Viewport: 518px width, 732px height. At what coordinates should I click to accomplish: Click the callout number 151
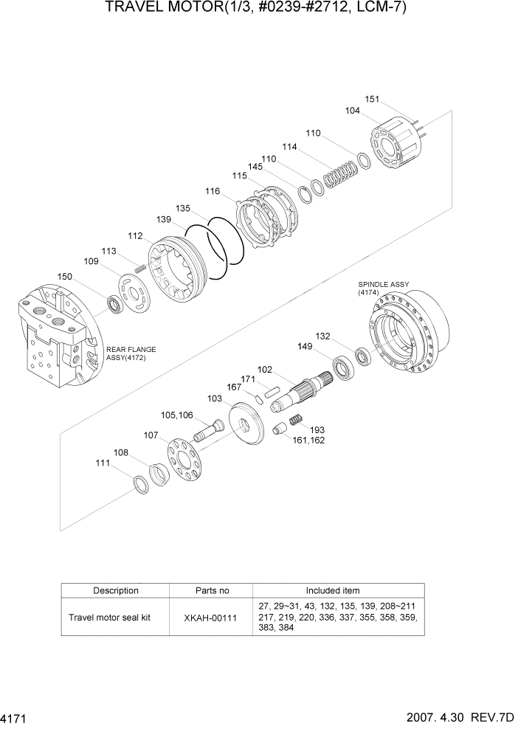[x=373, y=100]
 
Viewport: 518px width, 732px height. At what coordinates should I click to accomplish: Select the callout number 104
[x=353, y=111]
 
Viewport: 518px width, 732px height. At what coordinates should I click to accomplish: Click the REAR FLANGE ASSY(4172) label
[x=131, y=354]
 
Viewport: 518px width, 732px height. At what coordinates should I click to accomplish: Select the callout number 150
[x=65, y=277]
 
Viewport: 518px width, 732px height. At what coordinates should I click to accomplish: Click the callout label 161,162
[x=308, y=440]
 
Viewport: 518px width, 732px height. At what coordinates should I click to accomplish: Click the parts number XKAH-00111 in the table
[x=211, y=618]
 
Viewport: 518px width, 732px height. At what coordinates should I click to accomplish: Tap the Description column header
[x=115, y=590]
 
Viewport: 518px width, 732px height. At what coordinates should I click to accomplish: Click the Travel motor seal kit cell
[x=109, y=618]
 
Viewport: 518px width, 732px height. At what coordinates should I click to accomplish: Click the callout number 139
[x=164, y=220]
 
